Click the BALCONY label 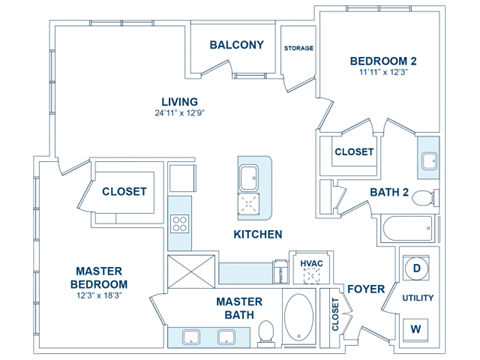237,45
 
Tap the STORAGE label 299,48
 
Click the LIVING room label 180,102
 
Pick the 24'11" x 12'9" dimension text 180,115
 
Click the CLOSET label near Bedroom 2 354,152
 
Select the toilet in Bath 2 424,195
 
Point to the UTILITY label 418,298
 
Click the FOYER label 366,289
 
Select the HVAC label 311,264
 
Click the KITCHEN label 257,234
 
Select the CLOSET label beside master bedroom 124,191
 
